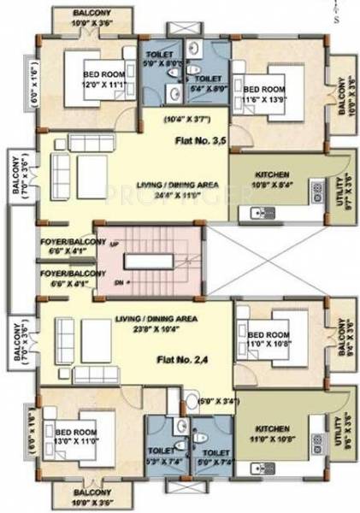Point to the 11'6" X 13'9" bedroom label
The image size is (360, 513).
[x=264, y=95]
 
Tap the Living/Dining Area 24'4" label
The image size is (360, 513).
[x=158, y=190]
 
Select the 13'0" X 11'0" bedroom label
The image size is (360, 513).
[x=76, y=438]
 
